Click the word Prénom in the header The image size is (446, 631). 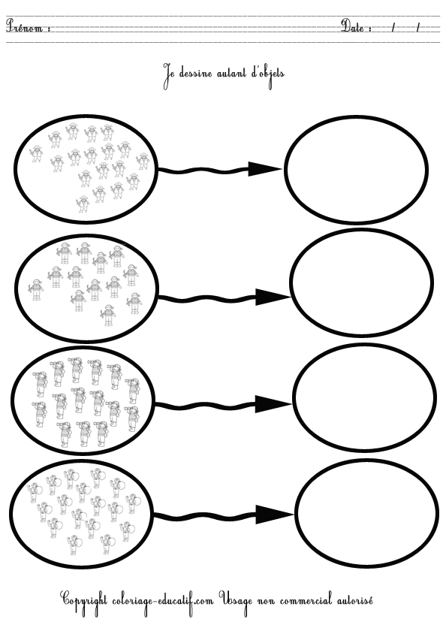(24, 26)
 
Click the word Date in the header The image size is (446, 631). (353, 26)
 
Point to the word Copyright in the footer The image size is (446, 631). (84, 601)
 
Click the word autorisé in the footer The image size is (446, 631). (354, 600)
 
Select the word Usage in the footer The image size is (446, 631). (237, 602)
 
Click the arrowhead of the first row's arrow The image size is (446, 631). (264, 169)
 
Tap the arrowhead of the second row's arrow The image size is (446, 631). (272, 297)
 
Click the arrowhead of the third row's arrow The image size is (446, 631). (271, 404)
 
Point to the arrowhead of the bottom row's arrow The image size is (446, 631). (274, 515)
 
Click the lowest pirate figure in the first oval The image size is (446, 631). (83, 204)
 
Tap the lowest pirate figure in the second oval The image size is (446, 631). (108, 315)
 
